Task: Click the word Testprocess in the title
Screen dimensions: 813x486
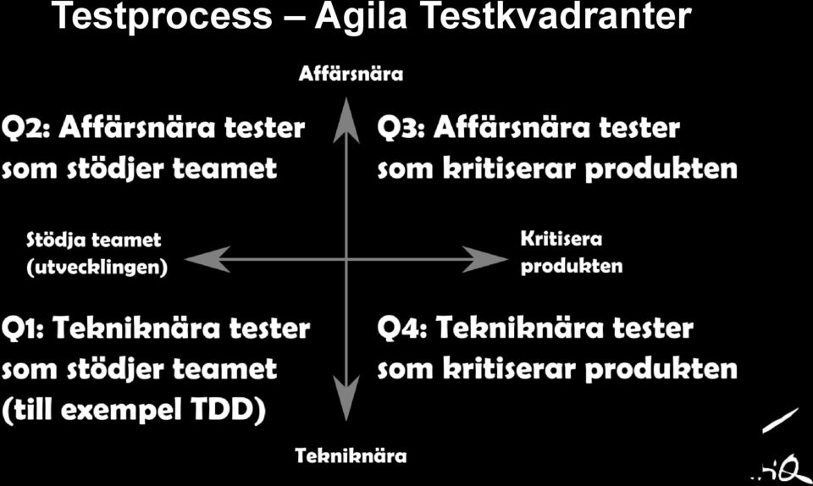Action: tap(163, 16)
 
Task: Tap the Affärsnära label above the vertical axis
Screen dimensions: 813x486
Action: tap(351, 74)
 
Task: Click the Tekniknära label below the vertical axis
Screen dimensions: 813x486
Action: tap(351, 456)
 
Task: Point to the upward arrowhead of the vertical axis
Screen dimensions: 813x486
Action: tap(346, 119)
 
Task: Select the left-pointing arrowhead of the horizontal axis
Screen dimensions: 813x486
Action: tap(207, 259)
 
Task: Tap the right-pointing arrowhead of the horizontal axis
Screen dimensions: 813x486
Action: tap(484, 259)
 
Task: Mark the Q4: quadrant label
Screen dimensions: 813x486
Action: tap(401, 329)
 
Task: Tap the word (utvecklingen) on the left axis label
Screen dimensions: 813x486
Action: tap(97, 268)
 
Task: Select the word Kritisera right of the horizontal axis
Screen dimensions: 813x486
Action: tap(561, 239)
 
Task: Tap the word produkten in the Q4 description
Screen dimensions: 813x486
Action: tap(661, 370)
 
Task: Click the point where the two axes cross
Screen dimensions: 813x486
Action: tap(346, 259)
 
